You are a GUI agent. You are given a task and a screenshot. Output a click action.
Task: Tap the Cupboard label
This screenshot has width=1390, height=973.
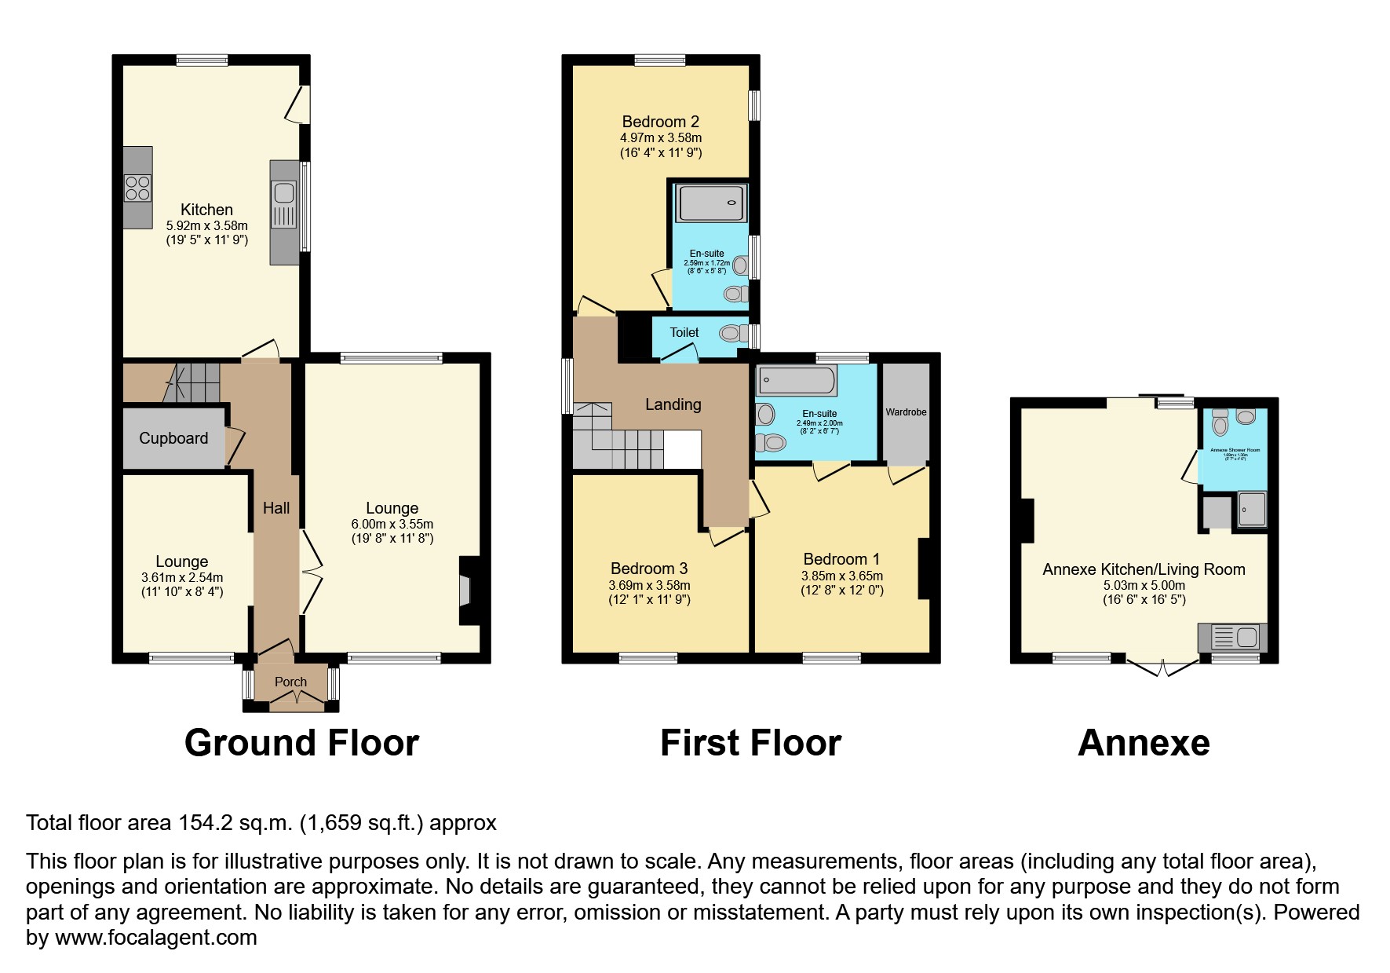[173, 438]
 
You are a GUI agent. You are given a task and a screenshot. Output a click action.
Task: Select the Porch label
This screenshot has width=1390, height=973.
[290, 682]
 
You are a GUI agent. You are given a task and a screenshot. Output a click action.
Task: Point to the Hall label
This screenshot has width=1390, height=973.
[275, 508]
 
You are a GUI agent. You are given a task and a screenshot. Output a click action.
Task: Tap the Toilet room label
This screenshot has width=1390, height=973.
[684, 332]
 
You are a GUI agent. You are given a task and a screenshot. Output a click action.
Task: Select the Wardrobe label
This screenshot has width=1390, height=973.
[906, 412]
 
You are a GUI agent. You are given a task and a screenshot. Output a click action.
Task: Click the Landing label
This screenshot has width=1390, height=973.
[673, 404]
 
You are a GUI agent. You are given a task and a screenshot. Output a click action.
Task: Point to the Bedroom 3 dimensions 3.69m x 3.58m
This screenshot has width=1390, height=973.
[649, 585]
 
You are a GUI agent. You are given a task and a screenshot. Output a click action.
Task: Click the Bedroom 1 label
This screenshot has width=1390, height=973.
[841, 559]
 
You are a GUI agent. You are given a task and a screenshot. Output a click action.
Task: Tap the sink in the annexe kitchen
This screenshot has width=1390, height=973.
[1246, 636]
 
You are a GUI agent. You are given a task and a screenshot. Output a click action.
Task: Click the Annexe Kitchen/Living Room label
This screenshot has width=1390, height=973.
[1144, 569]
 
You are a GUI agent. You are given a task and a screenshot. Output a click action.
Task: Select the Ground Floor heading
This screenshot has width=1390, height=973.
[301, 743]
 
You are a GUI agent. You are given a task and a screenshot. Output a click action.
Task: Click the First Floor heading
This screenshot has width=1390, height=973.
[750, 743]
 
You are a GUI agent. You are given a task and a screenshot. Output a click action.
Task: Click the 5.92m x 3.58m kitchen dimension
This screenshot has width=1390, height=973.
[206, 225]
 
